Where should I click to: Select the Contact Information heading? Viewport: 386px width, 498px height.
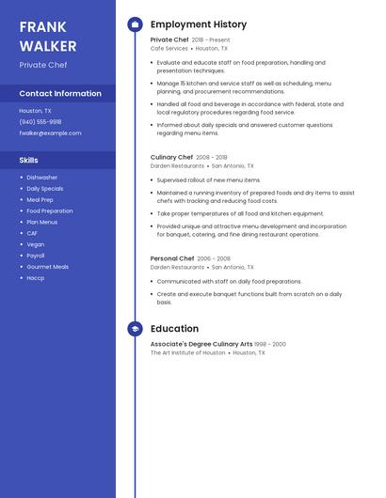point(60,94)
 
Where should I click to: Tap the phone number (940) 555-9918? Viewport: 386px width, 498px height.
point(40,121)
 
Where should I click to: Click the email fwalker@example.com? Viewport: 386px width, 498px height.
point(50,132)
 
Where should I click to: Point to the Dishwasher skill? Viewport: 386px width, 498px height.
point(41,178)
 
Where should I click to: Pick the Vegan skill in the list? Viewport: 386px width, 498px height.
point(35,244)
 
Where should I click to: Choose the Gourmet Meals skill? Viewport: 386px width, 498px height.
point(47,267)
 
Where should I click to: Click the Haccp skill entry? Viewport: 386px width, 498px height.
point(35,278)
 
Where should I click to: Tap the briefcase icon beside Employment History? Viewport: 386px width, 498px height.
point(135,24)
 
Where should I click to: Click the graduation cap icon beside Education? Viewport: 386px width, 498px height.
point(135,329)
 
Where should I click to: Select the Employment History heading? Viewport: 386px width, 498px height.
point(199,24)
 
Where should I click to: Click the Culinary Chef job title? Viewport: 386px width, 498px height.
point(171,157)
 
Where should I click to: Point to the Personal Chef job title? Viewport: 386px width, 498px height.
point(172,258)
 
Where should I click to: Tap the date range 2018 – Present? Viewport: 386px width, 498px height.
point(211,40)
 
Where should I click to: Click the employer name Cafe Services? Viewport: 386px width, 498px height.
point(169,48)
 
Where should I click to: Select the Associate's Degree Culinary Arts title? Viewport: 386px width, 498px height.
point(201,344)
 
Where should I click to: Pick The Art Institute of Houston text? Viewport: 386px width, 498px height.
point(187,352)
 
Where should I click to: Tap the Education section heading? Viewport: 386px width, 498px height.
point(174,329)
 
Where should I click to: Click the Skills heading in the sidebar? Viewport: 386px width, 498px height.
point(28,161)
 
